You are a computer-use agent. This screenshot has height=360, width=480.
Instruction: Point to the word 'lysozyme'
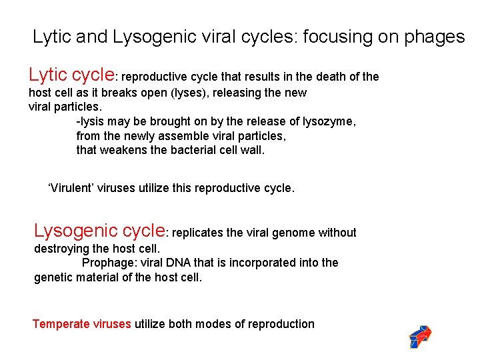click(x=331, y=122)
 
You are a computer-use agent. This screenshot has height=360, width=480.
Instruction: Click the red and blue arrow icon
click(x=420, y=337)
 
